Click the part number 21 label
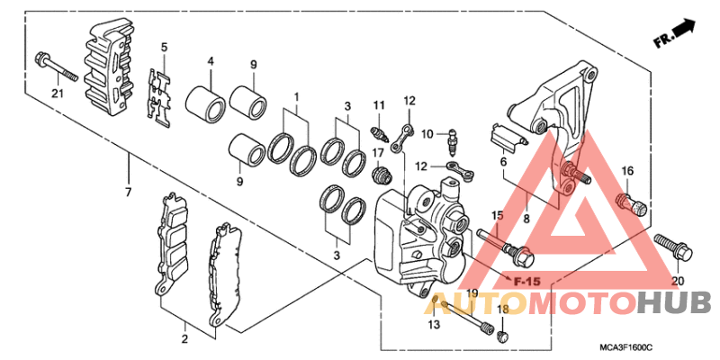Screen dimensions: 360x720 coord(57,94)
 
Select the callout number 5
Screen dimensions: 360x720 coord(165,48)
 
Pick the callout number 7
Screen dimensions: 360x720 coord(129,193)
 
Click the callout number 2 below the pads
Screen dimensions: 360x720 coord(184,339)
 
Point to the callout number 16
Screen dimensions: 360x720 coord(627,171)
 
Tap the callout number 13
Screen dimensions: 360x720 coord(435,324)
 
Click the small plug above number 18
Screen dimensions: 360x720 coord(502,336)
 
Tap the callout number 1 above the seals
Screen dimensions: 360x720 coord(296,96)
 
